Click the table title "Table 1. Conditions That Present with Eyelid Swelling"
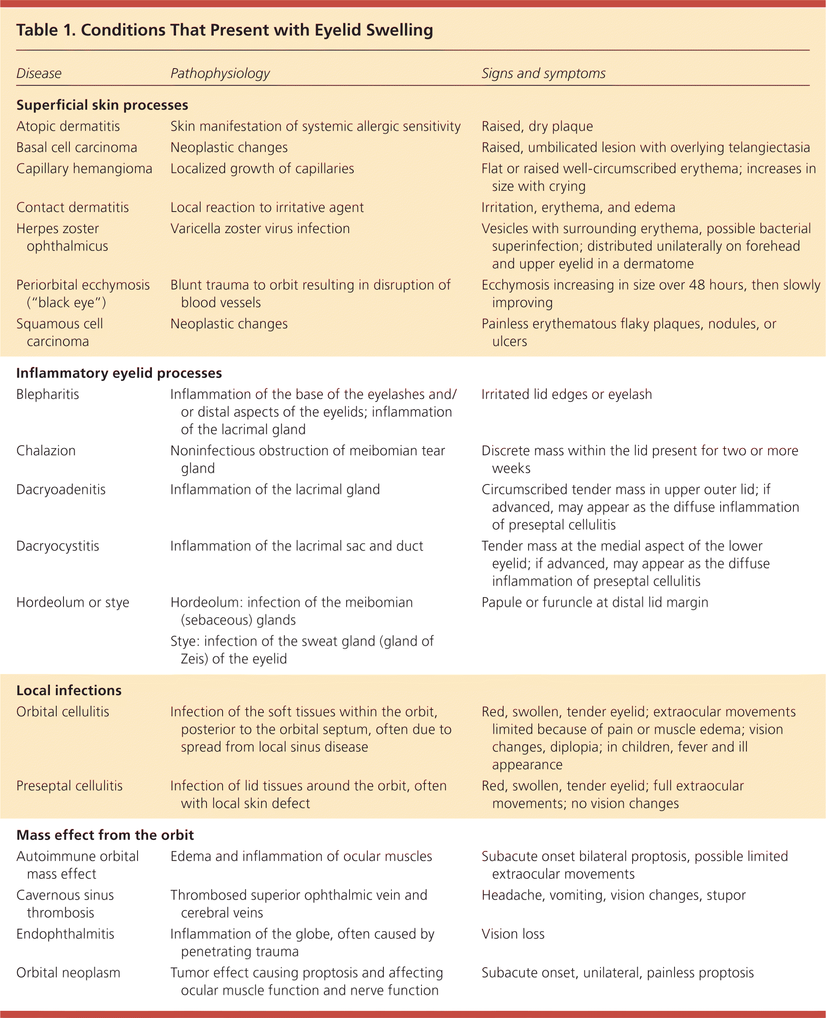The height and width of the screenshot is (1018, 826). tap(225, 30)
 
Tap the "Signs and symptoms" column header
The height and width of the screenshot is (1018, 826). tap(543, 73)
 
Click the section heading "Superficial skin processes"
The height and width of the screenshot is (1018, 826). tap(102, 105)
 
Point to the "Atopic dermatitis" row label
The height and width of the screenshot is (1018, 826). tap(68, 127)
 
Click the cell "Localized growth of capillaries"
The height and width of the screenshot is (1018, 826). tap(262, 169)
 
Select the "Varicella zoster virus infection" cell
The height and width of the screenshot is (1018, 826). tap(260, 229)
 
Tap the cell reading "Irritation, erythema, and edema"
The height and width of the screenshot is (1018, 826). tap(578, 207)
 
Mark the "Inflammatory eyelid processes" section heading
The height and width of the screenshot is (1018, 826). tap(119, 373)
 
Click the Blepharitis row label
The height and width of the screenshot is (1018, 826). tap(47, 394)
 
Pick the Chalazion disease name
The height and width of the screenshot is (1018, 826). tap(46, 451)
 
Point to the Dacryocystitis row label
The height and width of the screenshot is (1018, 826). tap(58, 546)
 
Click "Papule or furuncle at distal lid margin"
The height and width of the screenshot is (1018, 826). tap(595, 602)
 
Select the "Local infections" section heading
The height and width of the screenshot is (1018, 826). tap(69, 690)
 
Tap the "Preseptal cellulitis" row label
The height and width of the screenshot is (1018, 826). tap(69, 785)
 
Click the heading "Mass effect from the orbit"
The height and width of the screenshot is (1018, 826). tap(105, 835)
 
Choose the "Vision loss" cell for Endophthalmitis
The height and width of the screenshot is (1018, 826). tap(513, 934)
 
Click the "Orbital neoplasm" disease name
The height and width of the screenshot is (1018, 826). tap(68, 973)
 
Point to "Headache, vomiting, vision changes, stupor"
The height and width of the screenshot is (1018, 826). tap(613, 895)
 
